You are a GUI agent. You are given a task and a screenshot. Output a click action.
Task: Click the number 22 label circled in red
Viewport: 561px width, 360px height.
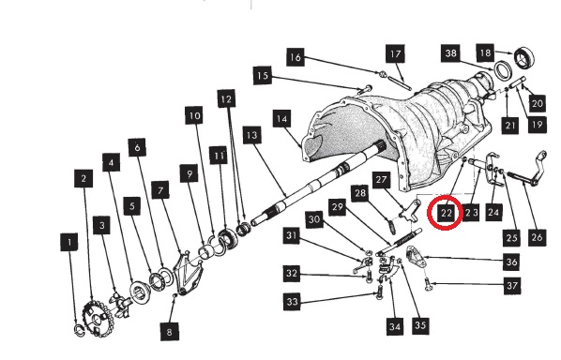click(446, 214)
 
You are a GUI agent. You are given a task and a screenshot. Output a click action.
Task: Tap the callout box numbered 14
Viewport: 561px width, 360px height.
click(282, 119)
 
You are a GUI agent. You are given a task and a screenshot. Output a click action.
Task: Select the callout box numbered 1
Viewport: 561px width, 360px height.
click(69, 243)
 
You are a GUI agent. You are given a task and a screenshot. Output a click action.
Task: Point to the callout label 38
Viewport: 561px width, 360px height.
click(451, 53)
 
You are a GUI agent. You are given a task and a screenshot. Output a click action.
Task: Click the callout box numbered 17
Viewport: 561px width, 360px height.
click(395, 53)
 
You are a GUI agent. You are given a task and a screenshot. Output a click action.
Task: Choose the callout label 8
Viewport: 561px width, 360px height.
click(169, 332)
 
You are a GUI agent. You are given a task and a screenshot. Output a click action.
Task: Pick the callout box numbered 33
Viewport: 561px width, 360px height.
click(293, 301)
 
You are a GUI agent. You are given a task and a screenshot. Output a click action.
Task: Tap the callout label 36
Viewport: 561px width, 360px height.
click(511, 262)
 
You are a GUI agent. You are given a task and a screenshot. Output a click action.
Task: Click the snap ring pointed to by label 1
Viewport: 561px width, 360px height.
click(79, 330)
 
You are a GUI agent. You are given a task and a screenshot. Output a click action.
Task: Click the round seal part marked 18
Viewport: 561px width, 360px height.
click(524, 57)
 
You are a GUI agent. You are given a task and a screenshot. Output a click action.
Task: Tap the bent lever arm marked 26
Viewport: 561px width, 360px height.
click(527, 172)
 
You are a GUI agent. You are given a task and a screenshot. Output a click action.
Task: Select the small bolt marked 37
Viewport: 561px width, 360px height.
click(428, 284)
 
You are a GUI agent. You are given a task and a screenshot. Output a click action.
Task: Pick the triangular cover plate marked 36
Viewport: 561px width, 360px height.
click(416, 256)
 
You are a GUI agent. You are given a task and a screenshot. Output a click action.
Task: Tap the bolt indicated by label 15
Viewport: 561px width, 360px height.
click(365, 89)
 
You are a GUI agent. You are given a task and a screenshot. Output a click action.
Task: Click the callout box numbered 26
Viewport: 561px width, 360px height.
click(537, 237)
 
